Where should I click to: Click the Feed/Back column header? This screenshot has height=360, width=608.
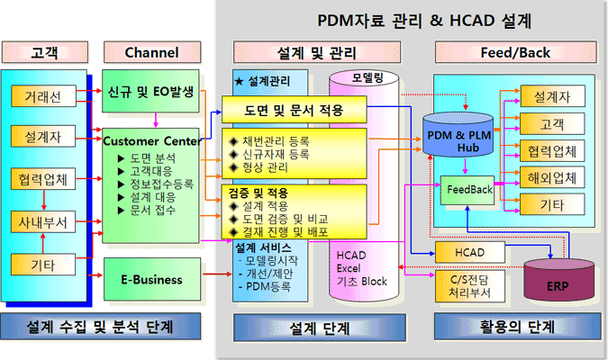click(x=515, y=52)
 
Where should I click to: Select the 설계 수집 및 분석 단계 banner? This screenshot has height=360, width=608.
click(x=100, y=325)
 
